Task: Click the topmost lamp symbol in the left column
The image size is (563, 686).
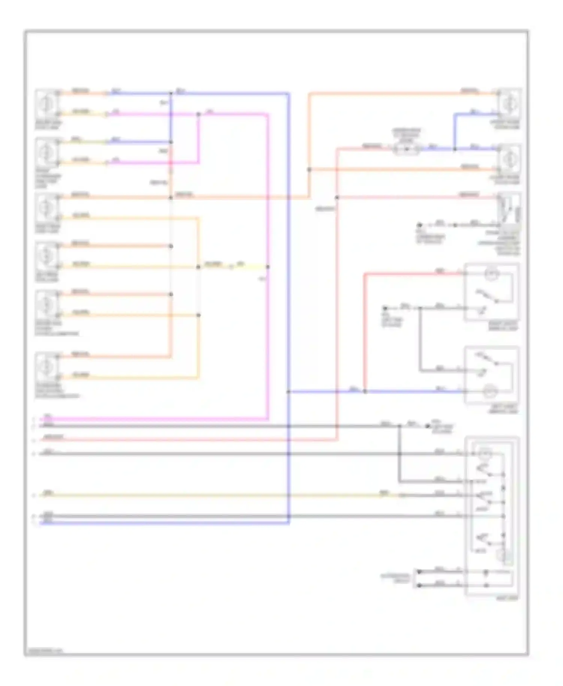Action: (47, 103)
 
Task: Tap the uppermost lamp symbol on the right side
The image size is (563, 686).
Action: (509, 102)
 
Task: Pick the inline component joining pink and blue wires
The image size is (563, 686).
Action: (406, 149)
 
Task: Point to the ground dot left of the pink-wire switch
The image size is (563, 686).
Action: (420, 225)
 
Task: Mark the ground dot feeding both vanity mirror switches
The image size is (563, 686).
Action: (385, 308)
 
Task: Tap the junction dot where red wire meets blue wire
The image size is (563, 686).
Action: (365, 391)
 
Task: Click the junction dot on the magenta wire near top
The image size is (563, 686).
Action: (199, 114)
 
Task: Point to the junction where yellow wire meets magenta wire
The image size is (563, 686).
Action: (268, 267)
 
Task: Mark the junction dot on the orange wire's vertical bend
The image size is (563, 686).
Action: (309, 170)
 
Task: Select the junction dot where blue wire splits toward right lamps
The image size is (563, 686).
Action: (455, 149)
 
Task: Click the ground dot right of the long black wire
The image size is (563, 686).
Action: (428, 426)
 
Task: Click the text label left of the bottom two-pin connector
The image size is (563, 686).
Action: (395, 578)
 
